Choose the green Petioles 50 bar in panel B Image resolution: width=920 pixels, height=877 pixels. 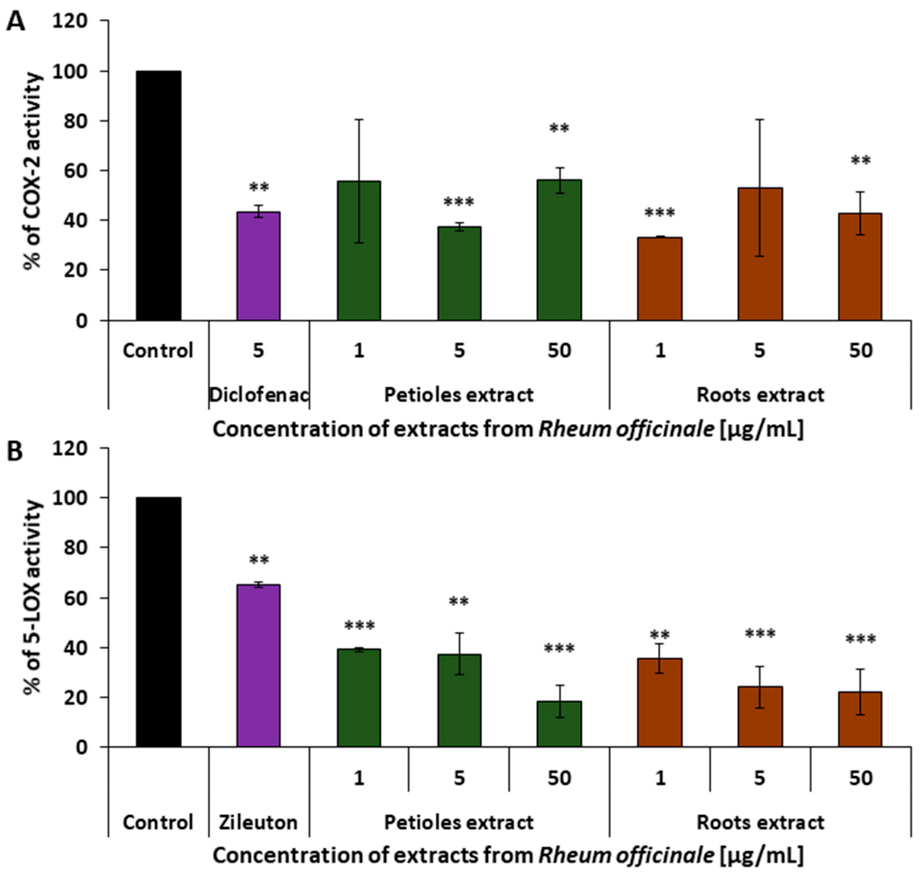(559, 724)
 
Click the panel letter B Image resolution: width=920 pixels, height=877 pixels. (15, 452)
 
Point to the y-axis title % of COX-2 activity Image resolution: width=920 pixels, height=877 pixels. (33, 171)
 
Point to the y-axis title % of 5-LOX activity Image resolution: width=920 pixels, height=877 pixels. (33, 597)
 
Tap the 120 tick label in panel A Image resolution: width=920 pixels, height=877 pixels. (70, 21)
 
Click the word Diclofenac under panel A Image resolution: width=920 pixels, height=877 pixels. (258, 395)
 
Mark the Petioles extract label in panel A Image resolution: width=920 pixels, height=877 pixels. (459, 395)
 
